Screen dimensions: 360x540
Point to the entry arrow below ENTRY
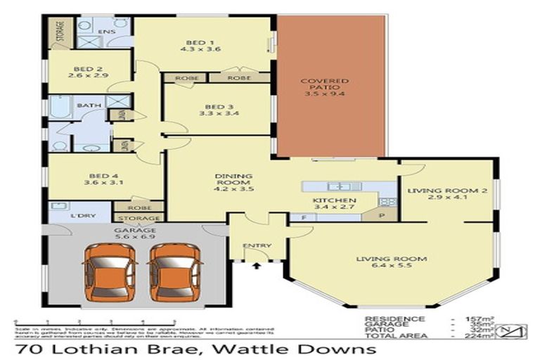[x=256, y=266]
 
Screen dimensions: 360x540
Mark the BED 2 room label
[x=88, y=69]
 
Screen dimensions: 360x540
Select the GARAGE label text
[x=135, y=230]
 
